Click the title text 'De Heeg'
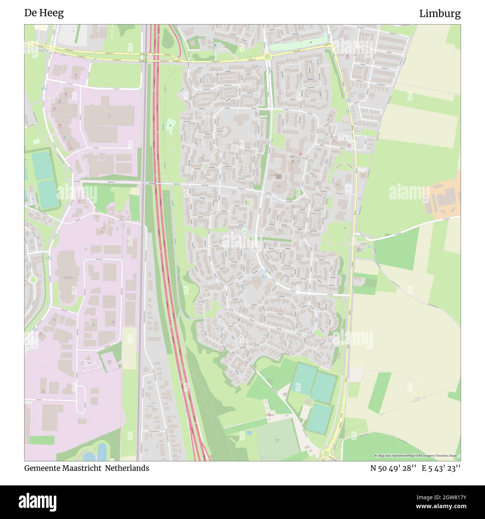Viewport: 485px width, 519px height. pos(44,13)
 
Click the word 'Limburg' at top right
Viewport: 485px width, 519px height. pos(439,14)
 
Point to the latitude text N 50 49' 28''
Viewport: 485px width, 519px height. pos(393,468)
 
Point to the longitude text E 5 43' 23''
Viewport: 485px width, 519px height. pos(441,468)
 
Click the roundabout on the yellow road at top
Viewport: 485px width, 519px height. pos(267,57)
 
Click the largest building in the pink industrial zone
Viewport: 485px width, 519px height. pos(109,115)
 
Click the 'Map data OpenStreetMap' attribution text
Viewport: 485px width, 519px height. pos(395,456)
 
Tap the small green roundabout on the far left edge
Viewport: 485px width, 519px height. pos(33,279)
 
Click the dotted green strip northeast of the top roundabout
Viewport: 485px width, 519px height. pos(298,45)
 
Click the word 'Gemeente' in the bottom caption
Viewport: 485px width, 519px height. pos(41,468)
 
